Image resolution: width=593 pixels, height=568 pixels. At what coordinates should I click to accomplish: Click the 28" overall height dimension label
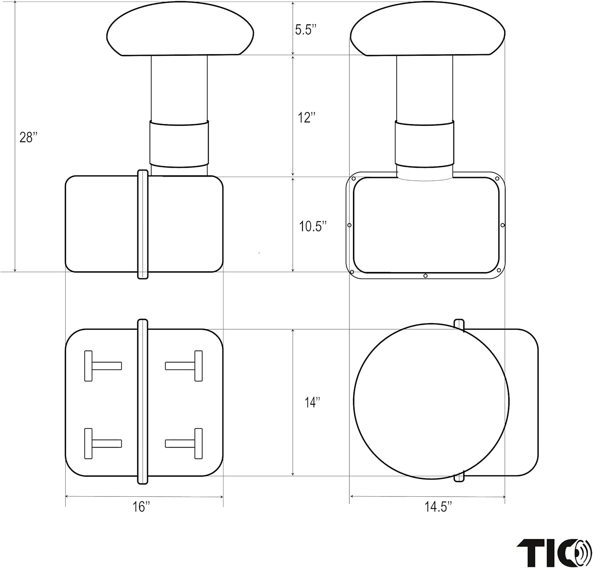[28, 137]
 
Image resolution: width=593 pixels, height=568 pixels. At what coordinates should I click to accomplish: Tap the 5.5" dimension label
[306, 30]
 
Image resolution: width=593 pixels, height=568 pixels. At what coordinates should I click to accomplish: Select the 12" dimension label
[307, 117]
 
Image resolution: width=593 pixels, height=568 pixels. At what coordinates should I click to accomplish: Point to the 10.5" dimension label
[313, 227]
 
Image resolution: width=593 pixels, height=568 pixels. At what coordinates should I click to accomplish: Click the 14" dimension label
[312, 403]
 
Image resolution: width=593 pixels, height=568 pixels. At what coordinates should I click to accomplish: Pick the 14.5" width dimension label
[438, 507]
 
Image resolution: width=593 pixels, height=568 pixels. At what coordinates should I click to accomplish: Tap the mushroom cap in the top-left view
[180, 28]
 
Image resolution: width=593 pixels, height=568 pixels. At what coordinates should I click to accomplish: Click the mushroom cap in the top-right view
[428, 28]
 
